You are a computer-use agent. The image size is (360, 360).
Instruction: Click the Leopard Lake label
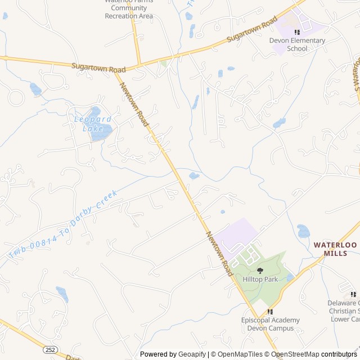(93, 124)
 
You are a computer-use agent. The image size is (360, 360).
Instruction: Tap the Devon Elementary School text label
(297, 44)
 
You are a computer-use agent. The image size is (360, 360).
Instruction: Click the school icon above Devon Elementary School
(297, 32)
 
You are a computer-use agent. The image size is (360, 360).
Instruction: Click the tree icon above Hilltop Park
(259, 271)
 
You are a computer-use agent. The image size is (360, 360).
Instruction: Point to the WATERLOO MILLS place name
(335, 249)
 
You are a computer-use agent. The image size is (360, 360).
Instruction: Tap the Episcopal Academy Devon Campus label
(270, 324)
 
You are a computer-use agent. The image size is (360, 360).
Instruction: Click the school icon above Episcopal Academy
(270, 312)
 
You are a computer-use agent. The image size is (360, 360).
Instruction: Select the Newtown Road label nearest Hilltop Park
(219, 253)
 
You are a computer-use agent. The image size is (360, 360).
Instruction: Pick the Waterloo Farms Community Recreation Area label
(129, 8)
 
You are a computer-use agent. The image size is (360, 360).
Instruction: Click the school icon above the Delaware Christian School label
(353, 294)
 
